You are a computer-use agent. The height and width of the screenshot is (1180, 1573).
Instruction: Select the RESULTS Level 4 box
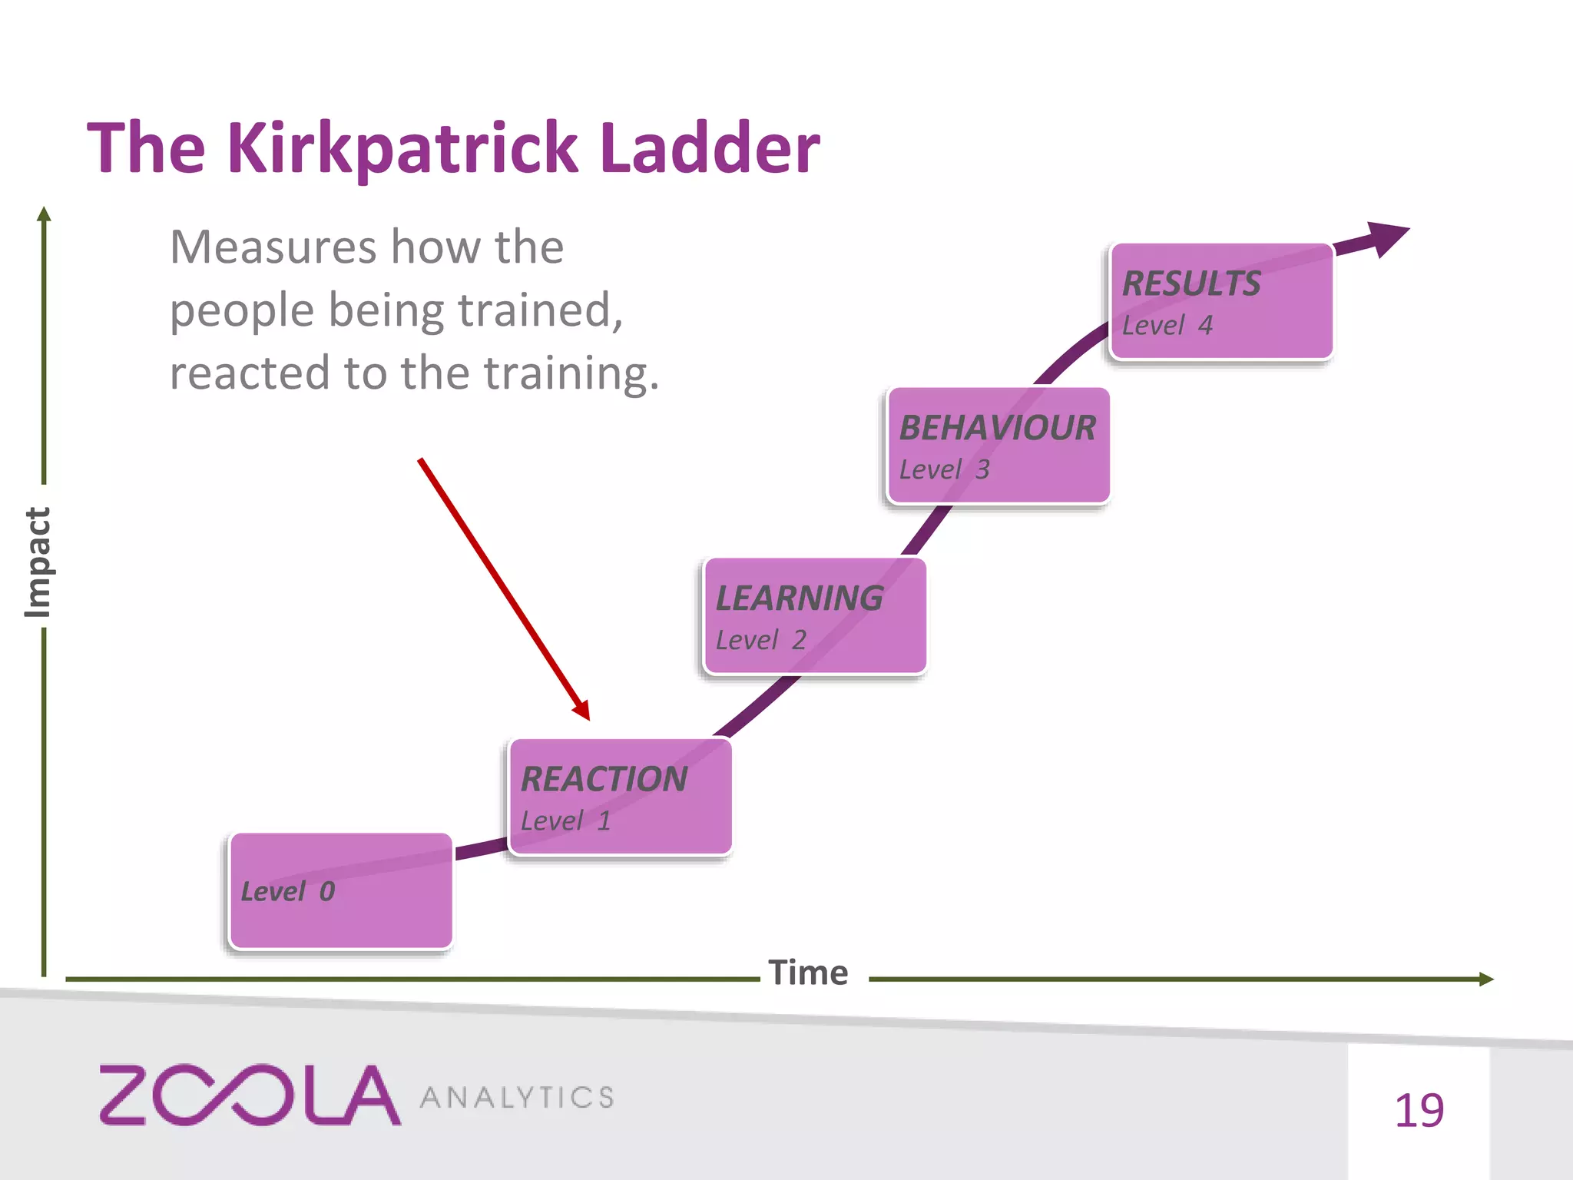[x=1221, y=301]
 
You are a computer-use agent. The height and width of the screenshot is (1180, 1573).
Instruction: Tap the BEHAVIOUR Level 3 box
[x=998, y=446]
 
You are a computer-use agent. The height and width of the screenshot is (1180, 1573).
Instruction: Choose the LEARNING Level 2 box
[x=814, y=616]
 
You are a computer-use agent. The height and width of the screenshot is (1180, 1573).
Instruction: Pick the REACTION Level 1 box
[x=620, y=797]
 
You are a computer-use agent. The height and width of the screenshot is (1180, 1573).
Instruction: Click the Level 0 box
[x=341, y=891]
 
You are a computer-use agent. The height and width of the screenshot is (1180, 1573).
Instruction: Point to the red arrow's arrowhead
[x=583, y=711]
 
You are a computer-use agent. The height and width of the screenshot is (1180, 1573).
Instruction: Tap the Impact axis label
[x=37, y=562]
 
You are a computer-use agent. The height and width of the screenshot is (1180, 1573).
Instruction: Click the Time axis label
[x=808, y=973]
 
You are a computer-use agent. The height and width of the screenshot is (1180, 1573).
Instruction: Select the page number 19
[x=1419, y=1111]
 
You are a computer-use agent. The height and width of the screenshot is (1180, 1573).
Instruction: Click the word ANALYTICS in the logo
[x=517, y=1098]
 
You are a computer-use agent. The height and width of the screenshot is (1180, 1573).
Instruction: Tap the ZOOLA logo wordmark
[x=250, y=1095]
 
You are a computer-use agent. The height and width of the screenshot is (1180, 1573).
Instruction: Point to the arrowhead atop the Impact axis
[x=44, y=214]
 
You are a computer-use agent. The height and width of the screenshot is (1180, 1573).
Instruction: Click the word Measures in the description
[x=273, y=247]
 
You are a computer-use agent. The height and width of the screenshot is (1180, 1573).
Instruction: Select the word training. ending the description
[x=571, y=373]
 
